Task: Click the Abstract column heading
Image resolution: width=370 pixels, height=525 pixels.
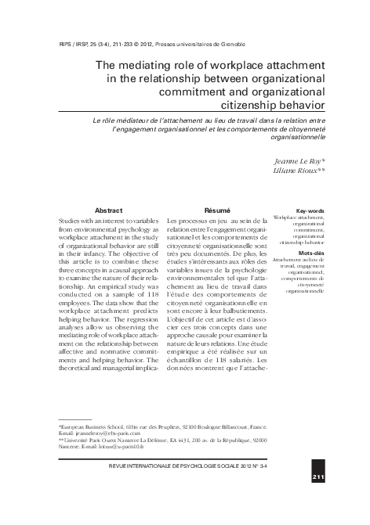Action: pyautogui.click(x=108, y=210)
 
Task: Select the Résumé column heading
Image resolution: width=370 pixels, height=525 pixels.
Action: pyautogui.click(x=217, y=210)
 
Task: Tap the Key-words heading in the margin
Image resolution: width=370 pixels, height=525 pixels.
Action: pyautogui.click(x=309, y=210)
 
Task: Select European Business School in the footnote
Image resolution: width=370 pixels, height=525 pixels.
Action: pyautogui.click(x=86, y=426)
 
